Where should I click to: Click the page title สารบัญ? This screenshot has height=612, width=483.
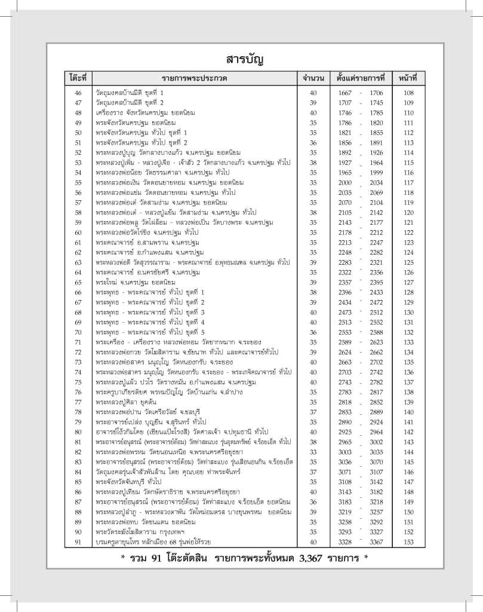(241, 60)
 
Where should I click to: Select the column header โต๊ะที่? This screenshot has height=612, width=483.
(78, 78)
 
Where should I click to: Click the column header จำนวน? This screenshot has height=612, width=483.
(313, 78)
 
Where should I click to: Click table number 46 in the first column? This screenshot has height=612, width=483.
(78, 93)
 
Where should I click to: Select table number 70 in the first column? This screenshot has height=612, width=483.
(78, 332)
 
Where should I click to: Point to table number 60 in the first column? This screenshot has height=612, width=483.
(78, 232)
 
